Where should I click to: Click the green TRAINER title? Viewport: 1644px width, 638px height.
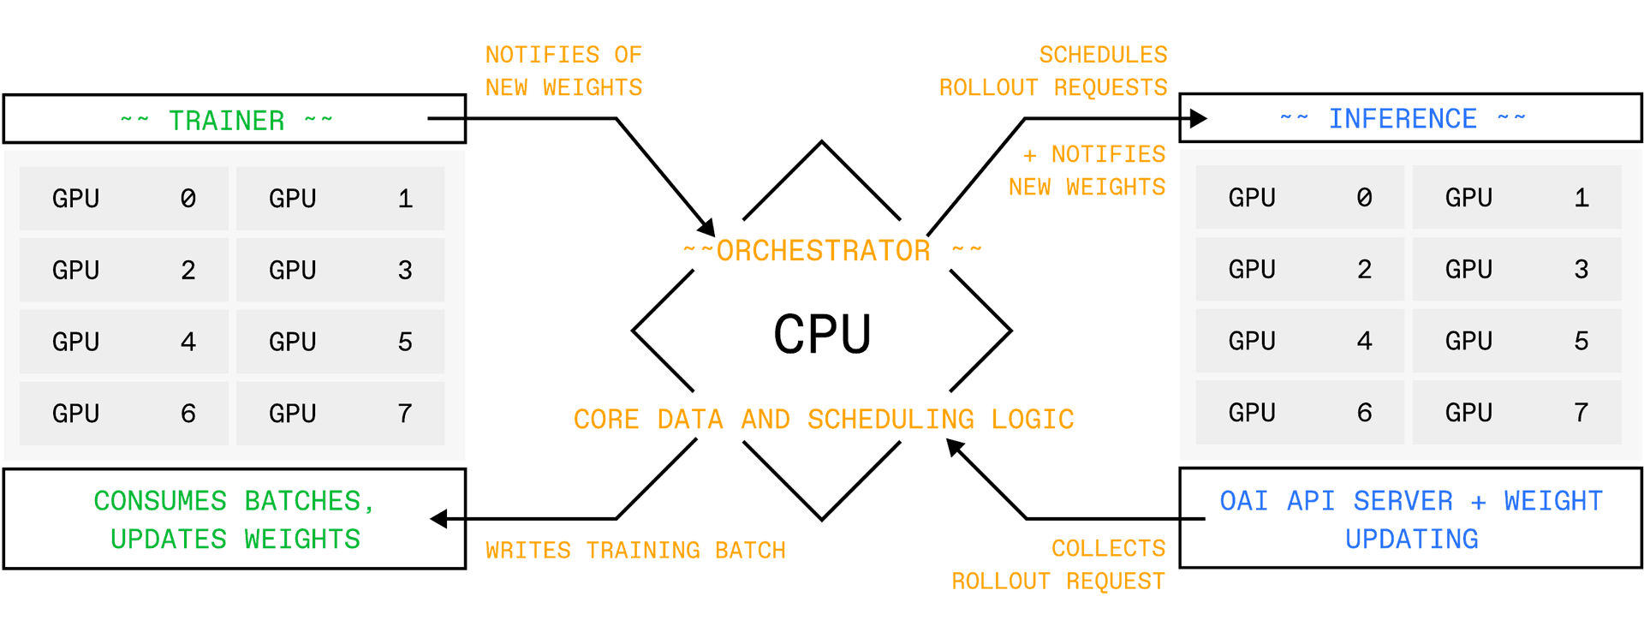(x=226, y=121)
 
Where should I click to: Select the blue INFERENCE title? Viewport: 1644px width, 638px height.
(x=1403, y=119)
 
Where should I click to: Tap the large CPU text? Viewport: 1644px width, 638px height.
(x=822, y=334)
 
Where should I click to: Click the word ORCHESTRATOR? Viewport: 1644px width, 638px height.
(x=823, y=250)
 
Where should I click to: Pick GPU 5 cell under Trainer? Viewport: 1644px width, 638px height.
(x=340, y=342)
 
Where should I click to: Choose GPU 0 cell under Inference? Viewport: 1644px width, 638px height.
(x=1300, y=197)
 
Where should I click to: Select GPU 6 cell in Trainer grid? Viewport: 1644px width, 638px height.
(x=124, y=414)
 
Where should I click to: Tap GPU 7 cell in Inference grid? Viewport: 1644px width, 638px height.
(x=1516, y=413)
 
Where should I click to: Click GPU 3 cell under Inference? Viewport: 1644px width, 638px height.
(x=1516, y=269)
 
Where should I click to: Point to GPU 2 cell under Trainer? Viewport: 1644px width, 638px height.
(x=124, y=270)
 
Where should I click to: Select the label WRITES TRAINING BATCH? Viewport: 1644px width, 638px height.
(x=635, y=550)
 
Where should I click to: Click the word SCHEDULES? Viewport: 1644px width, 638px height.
(x=1103, y=55)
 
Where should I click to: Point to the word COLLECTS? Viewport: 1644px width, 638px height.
(x=1108, y=548)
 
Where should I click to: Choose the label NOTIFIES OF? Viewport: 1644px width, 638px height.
(x=563, y=55)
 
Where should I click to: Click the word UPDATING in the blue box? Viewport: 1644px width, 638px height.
(x=1411, y=539)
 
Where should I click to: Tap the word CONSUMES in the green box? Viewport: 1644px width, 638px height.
(x=160, y=501)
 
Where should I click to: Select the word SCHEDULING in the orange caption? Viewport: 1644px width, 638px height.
(x=890, y=420)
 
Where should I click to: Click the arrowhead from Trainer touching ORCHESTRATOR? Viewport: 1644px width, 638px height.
(x=707, y=228)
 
